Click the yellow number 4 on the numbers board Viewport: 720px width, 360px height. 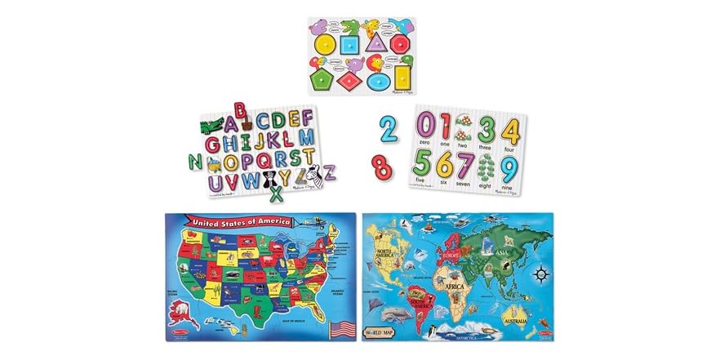[x=509, y=130]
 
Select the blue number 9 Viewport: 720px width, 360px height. [x=508, y=168]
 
